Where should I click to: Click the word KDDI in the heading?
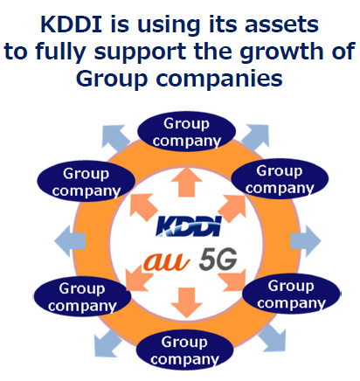click(72, 24)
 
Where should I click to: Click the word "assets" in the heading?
click(281, 24)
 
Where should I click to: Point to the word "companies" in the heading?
click(219, 80)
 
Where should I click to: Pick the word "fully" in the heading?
click(60, 52)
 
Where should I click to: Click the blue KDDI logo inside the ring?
click(189, 225)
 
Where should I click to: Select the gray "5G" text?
click(218, 259)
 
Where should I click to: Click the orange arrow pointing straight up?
click(186, 182)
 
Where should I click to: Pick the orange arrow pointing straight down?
click(186, 302)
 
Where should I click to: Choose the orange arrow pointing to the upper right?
click(232, 208)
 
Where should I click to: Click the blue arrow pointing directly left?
click(70, 241)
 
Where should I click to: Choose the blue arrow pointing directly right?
click(305, 241)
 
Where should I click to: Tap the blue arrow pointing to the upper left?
click(115, 138)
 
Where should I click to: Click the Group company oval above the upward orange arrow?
click(186, 131)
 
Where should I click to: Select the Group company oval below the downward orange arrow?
click(184, 350)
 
